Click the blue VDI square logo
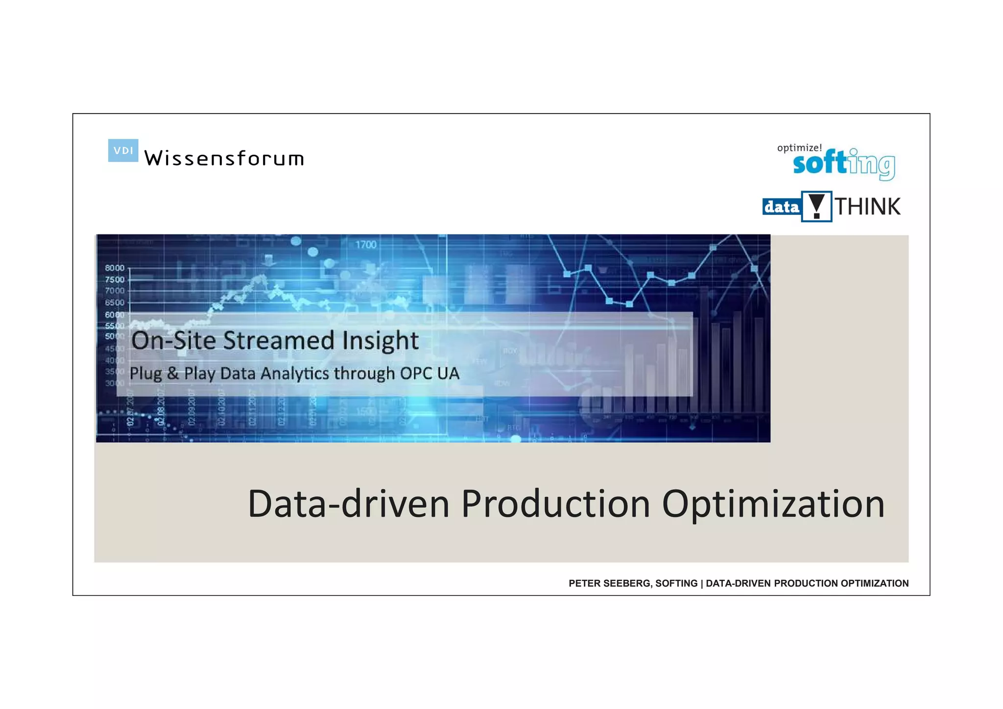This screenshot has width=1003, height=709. [123, 150]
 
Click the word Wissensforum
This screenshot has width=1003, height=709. [224, 158]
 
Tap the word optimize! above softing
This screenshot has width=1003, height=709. [799, 148]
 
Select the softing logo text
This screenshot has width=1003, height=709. [843, 164]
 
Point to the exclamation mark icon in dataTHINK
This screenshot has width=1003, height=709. [816, 207]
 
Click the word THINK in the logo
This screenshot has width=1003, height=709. [867, 207]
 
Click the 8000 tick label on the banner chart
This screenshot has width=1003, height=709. [115, 268]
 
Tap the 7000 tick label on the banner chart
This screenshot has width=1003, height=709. [115, 291]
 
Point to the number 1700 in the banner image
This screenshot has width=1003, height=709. [366, 244]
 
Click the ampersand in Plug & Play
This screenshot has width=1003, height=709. [172, 374]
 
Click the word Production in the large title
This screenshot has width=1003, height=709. [555, 504]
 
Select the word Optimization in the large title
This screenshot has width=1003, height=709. [773, 504]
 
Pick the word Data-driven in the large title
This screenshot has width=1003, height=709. [349, 504]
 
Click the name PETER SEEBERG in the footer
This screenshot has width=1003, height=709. [609, 583]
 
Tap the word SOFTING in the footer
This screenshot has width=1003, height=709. [676, 583]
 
